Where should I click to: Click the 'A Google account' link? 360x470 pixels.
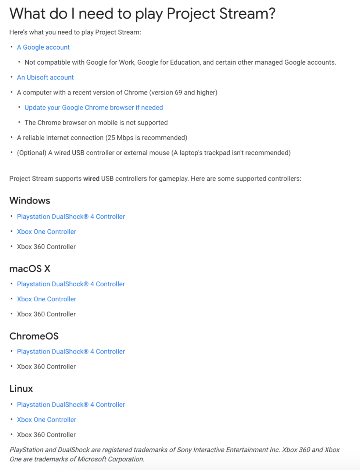43,47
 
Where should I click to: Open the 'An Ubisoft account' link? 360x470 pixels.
45,78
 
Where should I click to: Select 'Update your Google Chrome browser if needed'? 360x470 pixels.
94,108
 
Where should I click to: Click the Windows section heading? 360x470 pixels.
30,201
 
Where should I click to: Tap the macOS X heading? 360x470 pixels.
30,269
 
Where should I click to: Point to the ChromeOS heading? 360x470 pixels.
34,336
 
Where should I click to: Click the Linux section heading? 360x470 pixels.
21,389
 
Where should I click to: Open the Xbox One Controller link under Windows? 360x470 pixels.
47,232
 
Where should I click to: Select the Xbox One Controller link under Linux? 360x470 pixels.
47,420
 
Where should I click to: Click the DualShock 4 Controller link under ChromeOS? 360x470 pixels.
71,352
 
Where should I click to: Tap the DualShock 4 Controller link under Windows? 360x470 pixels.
71,217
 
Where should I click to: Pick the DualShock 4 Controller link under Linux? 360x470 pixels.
71,405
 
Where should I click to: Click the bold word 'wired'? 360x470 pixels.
91,179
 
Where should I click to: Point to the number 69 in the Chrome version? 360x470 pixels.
179,93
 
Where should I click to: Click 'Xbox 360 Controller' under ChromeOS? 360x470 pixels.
46,367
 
